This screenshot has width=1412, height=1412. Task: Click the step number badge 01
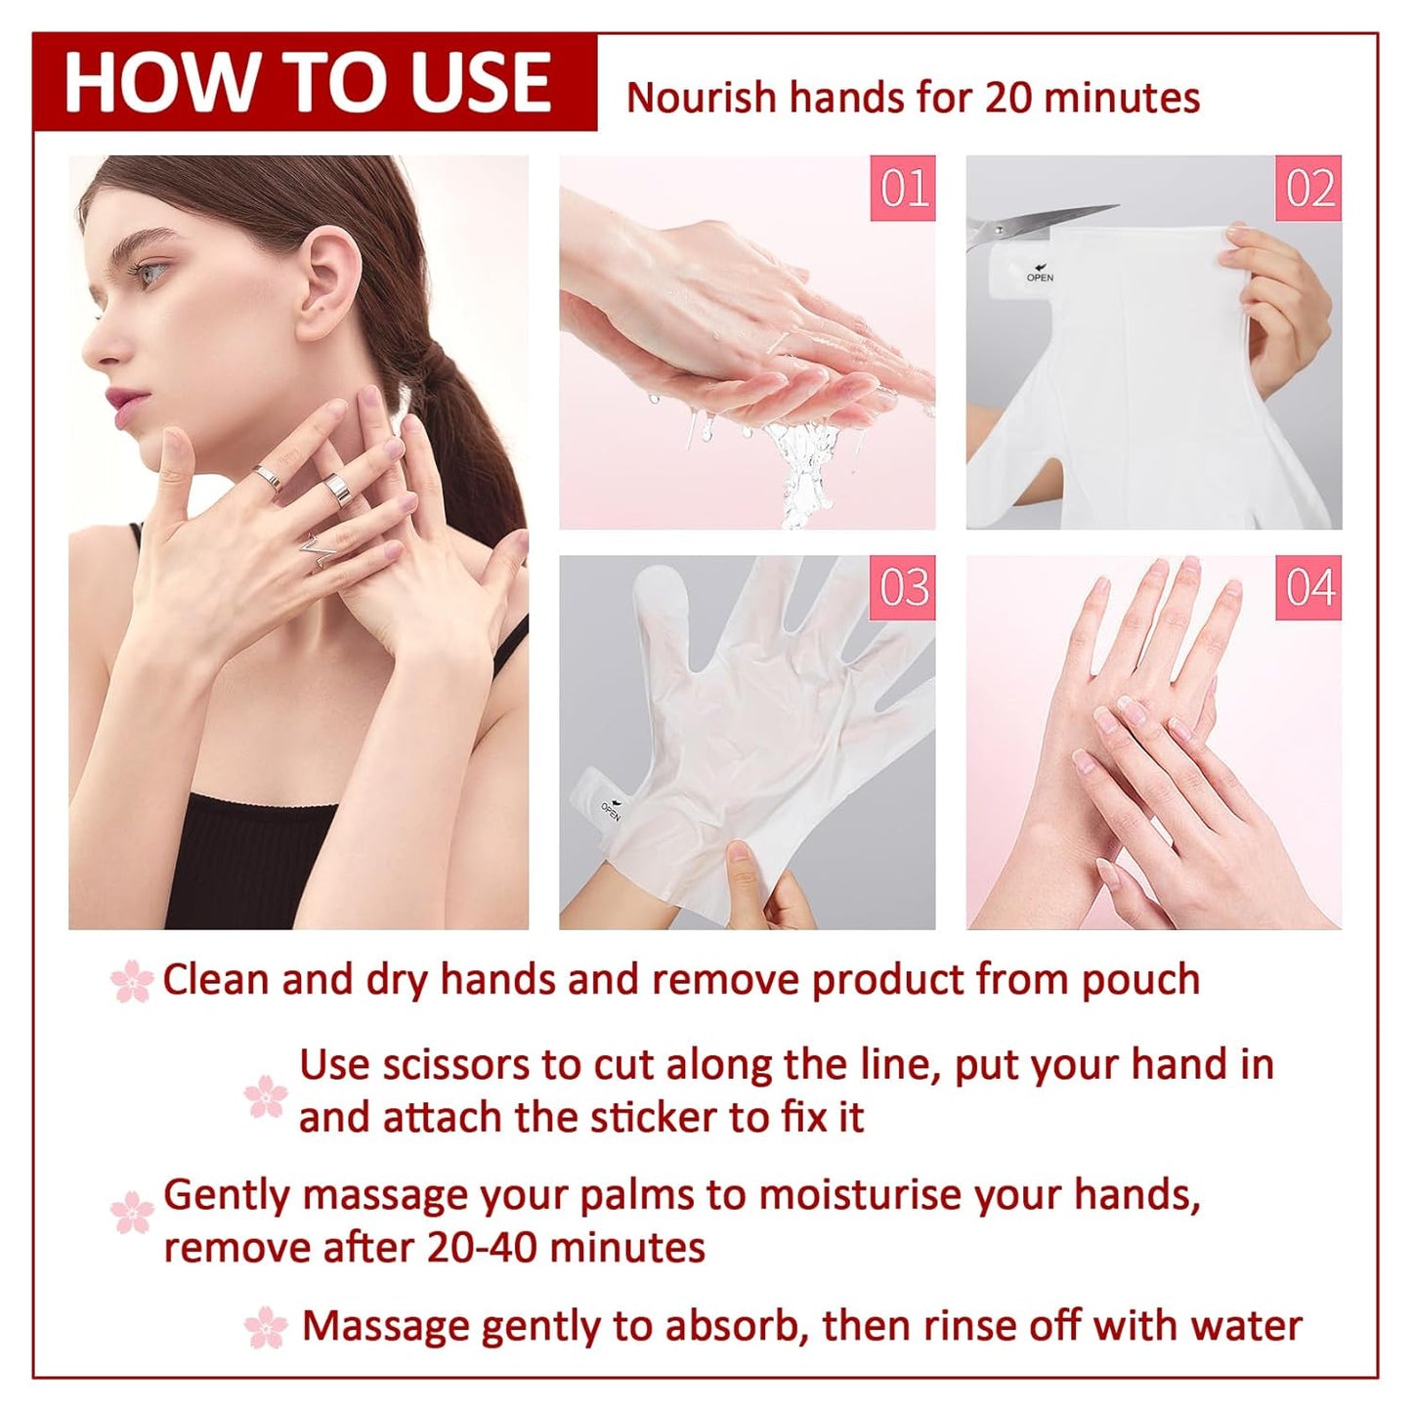point(903,189)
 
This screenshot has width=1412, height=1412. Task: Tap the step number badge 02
point(1308,189)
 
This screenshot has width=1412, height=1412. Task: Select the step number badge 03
point(903,588)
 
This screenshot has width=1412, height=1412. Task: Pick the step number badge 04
point(1308,588)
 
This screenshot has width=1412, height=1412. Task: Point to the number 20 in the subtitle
point(1007,98)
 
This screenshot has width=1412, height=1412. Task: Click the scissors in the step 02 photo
point(1036,224)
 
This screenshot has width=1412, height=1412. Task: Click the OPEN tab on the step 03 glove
point(609,810)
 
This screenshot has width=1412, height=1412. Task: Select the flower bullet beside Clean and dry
point(132,980)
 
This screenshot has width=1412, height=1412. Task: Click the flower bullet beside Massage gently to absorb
point(266,1328)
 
